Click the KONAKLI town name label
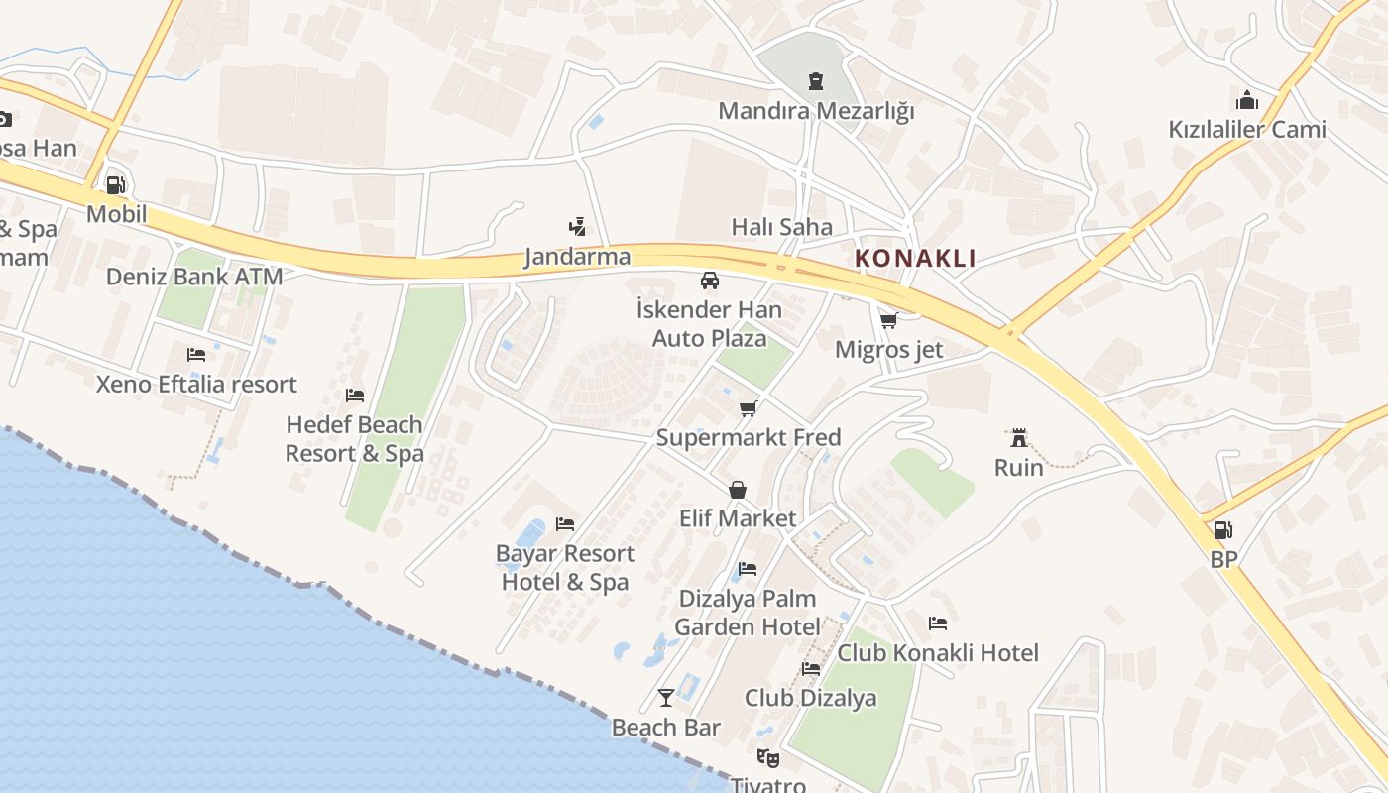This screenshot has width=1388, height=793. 915,259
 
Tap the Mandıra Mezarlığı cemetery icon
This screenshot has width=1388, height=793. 816,80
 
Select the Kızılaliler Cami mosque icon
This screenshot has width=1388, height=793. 1247,100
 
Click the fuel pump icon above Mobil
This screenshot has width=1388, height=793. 116,184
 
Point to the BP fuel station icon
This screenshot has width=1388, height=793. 1223,530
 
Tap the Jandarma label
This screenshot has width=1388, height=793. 577,257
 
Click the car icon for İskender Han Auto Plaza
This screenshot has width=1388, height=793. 709,281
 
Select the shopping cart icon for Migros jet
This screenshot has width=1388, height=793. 888,320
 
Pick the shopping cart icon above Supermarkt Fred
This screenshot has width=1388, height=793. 749,408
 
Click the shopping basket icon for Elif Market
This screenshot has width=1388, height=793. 738,490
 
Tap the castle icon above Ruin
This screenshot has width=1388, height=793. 1018,437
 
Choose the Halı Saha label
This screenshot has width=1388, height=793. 782,227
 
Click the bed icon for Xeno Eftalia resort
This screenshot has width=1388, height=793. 196,355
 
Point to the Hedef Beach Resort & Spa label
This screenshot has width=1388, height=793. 355,439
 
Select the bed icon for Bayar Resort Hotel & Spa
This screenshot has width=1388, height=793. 565,523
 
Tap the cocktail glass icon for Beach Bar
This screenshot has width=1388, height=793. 666,698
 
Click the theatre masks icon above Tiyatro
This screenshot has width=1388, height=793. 767,758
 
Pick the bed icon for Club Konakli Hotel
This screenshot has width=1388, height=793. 938,623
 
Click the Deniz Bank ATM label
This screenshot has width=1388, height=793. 194,277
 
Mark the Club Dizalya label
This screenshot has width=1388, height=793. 811,698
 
